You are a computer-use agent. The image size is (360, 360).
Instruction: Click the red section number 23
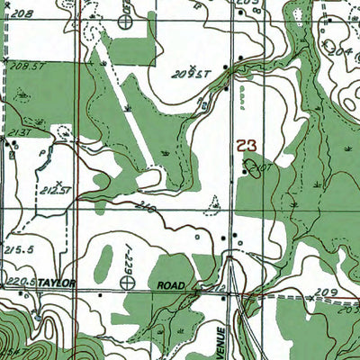[x=247, y=144]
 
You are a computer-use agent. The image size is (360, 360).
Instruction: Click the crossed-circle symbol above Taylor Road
[x=128, y=282]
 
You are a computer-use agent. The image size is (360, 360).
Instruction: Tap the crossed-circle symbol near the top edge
[x=127, y=18]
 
